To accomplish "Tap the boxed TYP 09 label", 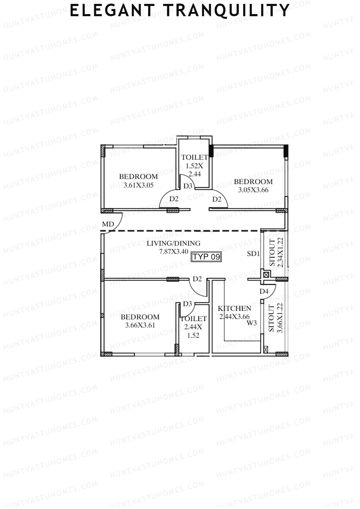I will point(206,257).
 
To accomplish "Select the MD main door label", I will point(108,224).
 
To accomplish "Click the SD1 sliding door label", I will point(253,254).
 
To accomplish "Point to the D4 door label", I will point(264,291).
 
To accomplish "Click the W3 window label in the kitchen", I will point(252,323).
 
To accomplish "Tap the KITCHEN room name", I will point(234,308).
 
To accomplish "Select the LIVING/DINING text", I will point(173,243).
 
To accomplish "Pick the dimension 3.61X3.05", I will point(138,185).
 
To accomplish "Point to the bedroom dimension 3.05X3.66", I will point(253,190).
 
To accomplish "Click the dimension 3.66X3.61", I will point(140,325).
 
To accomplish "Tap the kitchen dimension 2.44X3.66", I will point(234,316).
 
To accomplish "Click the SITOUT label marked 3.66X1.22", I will point(271,318).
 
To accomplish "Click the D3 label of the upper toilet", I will point(188,186).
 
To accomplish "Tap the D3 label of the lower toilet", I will point(187,304).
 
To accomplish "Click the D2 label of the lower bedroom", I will point(197,279).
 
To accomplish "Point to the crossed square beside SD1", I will point(266,274).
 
